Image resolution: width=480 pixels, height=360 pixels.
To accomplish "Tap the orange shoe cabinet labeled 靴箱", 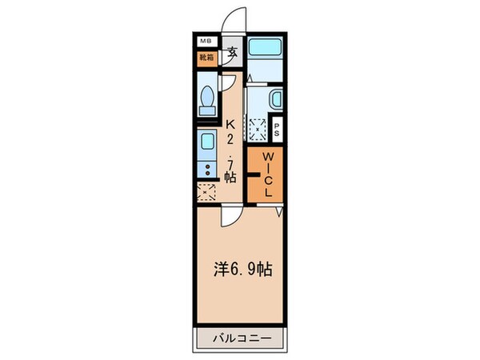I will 206,58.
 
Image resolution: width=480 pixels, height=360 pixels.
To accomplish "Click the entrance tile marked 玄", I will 232,54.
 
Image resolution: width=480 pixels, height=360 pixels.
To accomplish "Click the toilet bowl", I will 207,100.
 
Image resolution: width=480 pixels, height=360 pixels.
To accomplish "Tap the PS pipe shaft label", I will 278,128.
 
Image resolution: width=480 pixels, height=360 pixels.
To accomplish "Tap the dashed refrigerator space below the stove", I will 206,192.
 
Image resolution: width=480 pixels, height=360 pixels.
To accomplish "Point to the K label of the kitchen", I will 230,125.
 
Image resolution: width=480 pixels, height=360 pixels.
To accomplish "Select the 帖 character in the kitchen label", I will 230,176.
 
